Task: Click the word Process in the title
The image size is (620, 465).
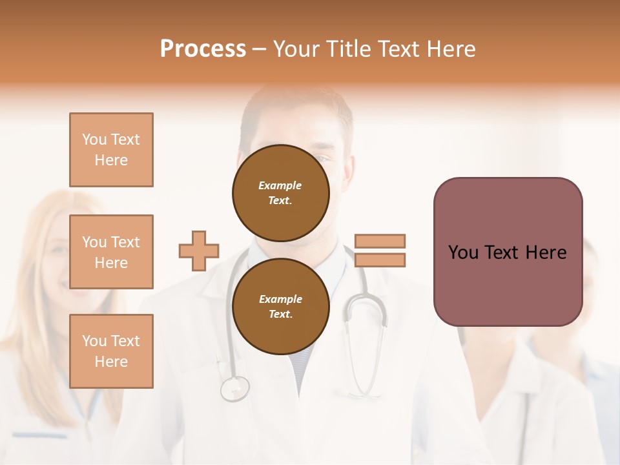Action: (x=203, y=49)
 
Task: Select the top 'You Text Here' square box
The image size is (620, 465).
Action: (x=111, y=150)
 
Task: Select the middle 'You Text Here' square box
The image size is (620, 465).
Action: (x=111, y=252)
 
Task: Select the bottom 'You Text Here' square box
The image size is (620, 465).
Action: (x=111, y=351)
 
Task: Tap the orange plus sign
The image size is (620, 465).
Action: (x=199, y=251)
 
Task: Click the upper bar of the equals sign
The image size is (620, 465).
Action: (x=380, y=241)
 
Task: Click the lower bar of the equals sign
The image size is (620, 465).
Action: (x=380, y=260)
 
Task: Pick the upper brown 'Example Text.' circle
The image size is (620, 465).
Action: (x=281, y=193)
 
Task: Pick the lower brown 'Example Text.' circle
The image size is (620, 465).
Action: (x=281, y=306)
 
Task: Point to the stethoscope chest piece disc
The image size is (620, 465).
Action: (x=234, y=388)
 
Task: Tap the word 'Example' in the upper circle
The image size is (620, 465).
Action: (x=280, y=185)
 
